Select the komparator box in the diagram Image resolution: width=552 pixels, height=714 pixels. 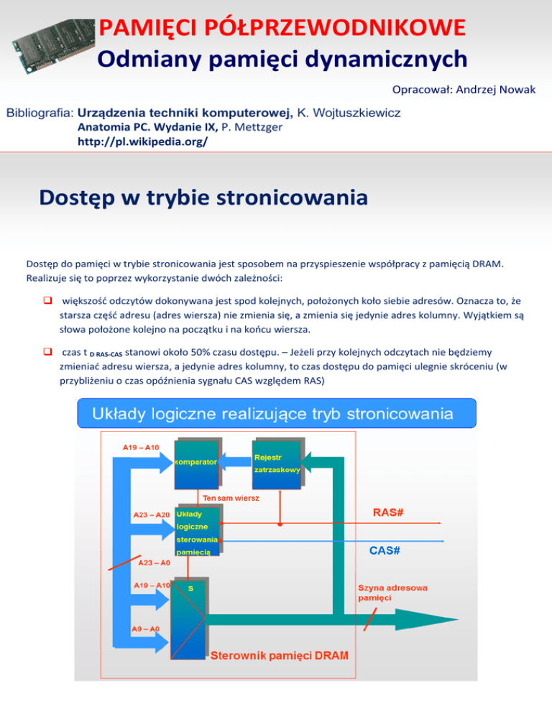tap(195, 461)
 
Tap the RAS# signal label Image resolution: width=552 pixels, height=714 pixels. tap(387, 512)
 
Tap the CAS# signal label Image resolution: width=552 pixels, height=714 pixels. tap(385, 550)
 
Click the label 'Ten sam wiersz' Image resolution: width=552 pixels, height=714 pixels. tap(231, 498)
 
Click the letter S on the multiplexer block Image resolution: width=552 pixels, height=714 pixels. tap(190, 588)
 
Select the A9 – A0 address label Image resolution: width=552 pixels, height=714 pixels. tap(145, 629)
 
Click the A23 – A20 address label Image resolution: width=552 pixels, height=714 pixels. tap(152, 514)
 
